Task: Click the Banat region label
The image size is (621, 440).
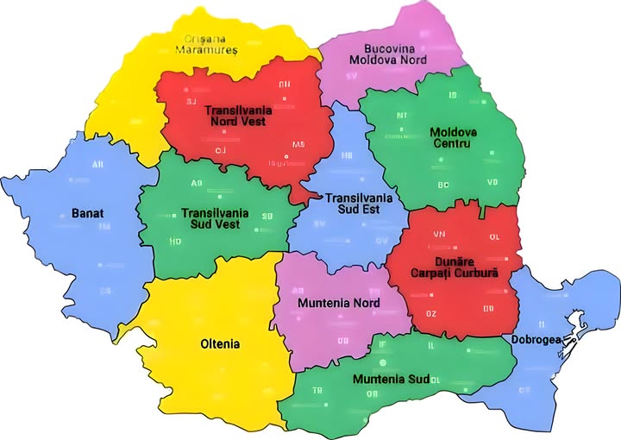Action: (x=87, y=212)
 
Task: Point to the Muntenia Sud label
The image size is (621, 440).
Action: (x=390, y=379)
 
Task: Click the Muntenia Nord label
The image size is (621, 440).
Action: (x=337, y=304)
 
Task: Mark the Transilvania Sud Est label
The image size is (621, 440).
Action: (x=358, y=204)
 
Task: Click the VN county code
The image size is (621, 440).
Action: (x=439, y=234)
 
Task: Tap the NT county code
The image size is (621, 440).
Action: (x=402, y=115)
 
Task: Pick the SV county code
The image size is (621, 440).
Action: (x=351, y=76)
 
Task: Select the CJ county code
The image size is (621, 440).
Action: (x=221, y=151)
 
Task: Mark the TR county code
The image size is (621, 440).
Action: (x=317, y=391)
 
